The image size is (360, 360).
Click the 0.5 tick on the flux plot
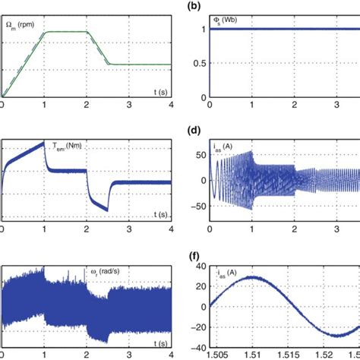tap(196, 62)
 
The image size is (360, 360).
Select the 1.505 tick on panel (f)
tap(219, 353)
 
